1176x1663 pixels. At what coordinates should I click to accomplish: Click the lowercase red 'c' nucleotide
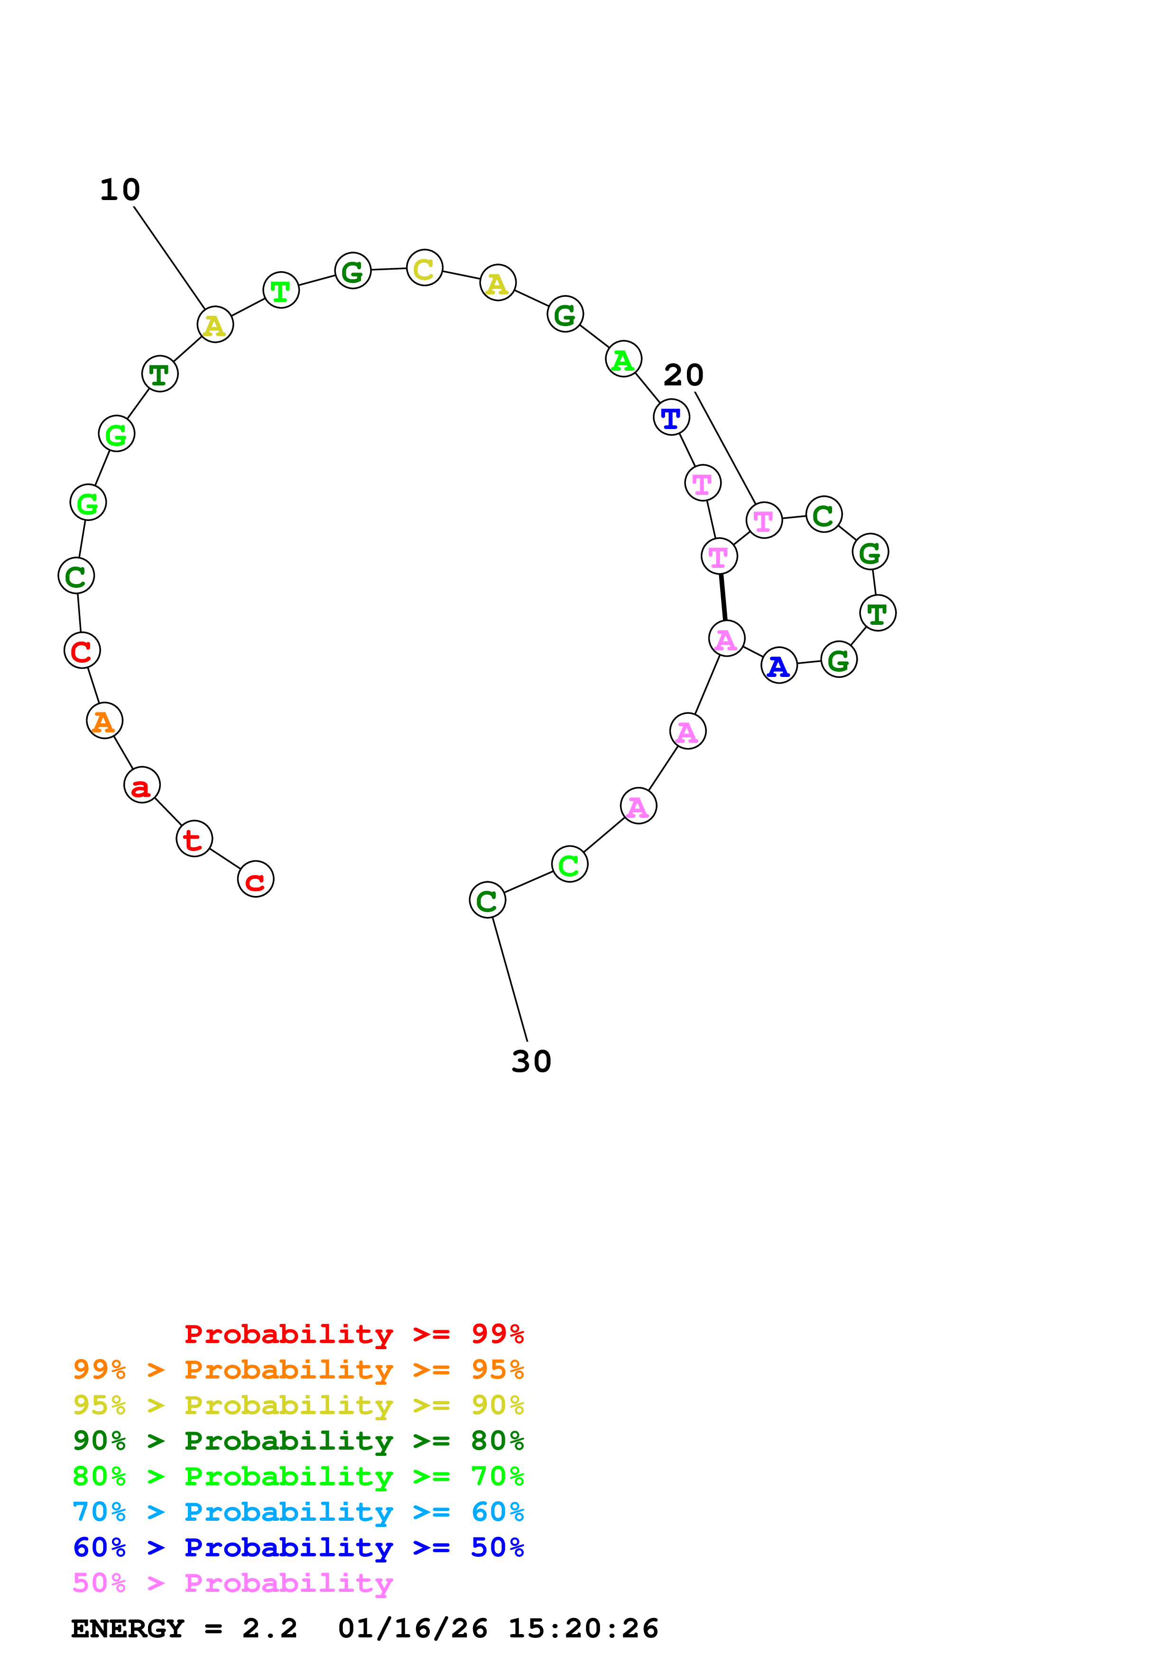click(x=255, y=879)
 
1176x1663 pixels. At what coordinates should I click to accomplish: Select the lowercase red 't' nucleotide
click(x=194, y=839)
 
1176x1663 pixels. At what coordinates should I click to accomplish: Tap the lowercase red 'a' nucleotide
click(x=141, y=785)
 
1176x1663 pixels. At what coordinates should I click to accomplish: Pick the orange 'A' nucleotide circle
click(x=104, y=721)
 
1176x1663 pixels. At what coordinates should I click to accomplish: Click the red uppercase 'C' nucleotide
click(x=82, y=650)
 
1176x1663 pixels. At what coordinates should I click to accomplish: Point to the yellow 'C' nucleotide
click(x=425, y=268)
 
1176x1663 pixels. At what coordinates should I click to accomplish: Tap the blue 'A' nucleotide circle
click(x=779, y=666)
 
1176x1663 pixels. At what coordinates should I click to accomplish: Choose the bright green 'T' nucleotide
click(x=280, y=291)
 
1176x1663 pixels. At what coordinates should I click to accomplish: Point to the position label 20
click(x=683, y=375)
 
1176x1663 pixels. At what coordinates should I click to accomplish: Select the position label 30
click(x=531, y=1062)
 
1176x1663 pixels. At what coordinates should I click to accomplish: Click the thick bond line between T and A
click(x=722, y=597)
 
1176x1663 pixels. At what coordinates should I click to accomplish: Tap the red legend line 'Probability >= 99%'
click(x=353, y=1334)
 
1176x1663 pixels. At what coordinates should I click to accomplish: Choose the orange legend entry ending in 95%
click(x=298, y=1370)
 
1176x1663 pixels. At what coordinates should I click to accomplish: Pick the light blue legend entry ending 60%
click(x=298, y=1512)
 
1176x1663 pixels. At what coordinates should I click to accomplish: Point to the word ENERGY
click(x=128, y=1628)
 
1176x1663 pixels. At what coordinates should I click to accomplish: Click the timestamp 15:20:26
click(x=583, y=1628)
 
